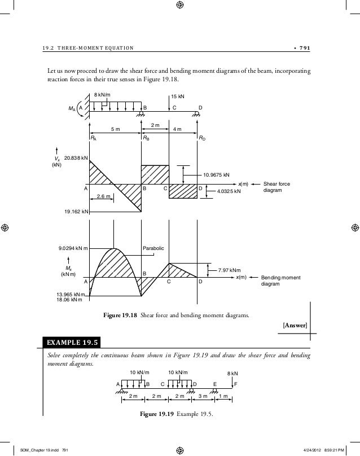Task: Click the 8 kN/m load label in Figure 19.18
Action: [x=103, y=95]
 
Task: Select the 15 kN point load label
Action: [x=178, y=97]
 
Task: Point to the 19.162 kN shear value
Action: [x=76, y=212]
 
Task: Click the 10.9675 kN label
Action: [x=216, y=175]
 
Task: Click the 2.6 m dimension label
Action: [x=104, y=196]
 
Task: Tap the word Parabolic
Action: [x=154, y=248]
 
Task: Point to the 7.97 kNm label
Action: [x=229, y=270]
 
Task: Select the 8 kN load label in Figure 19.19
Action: [x=232, y=374]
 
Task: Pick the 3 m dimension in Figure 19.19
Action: [x=203, y=396]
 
